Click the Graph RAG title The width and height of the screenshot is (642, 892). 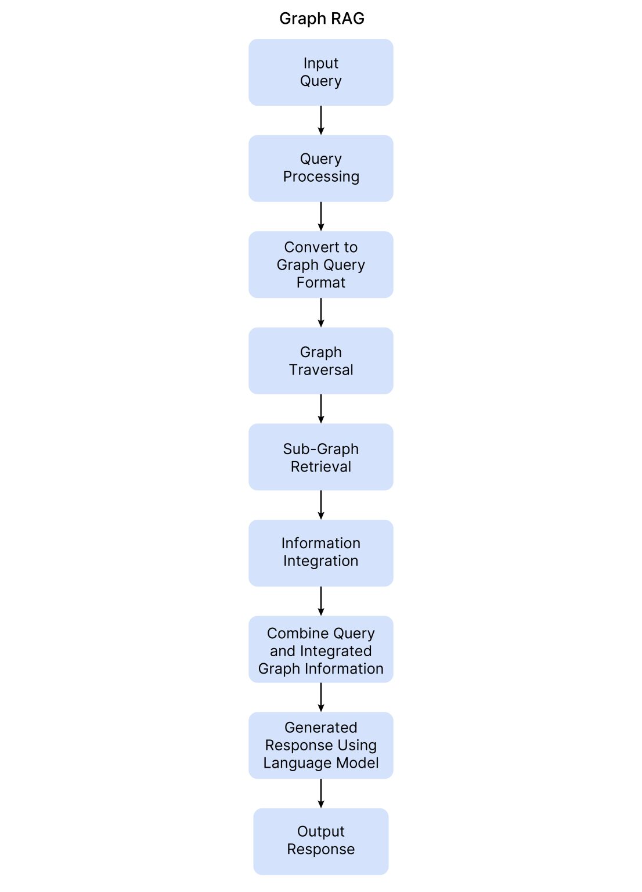pos(322,19)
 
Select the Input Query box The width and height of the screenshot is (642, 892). pos(321,72)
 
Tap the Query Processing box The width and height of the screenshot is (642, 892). pos(321,168)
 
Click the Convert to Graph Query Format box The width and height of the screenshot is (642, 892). pos(321,265)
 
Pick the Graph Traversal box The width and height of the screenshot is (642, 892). pos(321,361)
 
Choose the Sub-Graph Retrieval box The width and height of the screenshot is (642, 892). pos(321,457)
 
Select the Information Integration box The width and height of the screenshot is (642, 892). pos(321,553)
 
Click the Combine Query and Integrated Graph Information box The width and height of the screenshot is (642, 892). pos(321,649)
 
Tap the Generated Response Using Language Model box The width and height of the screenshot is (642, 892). pos(321,745)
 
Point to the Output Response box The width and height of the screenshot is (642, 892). pos(321,841)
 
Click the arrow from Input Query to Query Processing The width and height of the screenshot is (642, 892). pos(321,120)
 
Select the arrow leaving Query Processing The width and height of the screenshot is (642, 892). pos(321,217)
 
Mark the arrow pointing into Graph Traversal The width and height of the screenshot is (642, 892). pos(321,312)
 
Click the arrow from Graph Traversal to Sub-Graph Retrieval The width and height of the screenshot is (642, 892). pos(321,409)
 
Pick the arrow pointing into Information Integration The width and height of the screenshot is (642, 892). pos(321,505)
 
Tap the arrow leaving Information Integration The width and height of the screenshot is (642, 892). pos(321,601)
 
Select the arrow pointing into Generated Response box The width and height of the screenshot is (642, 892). pos(321,697)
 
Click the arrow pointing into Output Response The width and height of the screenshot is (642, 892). pos(321,793)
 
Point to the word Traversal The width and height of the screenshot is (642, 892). pos(321,370)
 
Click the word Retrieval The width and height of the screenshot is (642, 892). pos(321,467)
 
